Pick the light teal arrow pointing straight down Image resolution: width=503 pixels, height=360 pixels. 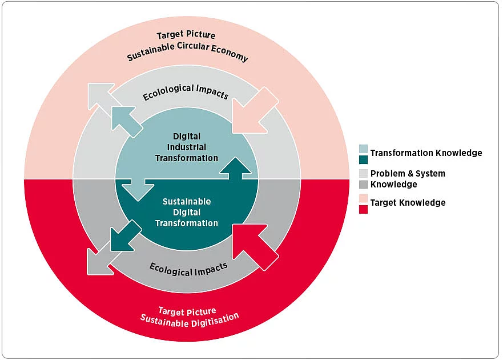(x=138, y=189)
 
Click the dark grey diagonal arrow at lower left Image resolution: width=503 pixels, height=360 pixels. (x=100, y=261)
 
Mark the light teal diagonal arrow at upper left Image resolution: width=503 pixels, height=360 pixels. (x=126, y=121)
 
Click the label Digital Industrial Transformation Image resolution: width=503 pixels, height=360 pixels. (x=187, y=147)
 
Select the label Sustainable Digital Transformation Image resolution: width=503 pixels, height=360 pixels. (x=187, y=212)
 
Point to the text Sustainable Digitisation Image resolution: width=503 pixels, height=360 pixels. (x=190, y=318)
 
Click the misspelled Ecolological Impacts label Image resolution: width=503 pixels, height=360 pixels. (x=186, y=92)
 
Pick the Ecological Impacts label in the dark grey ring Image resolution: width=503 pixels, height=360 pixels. (x=188, y=268)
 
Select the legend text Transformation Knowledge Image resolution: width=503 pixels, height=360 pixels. (x=426, y=153)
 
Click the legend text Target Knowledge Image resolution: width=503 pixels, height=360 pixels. (x=408, y=202)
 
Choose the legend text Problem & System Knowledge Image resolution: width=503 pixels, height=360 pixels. (x=408, y=178)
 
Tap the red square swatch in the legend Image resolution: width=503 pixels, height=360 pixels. (x=364, y=209)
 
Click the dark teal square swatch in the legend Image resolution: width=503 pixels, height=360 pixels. (x=364, y=159)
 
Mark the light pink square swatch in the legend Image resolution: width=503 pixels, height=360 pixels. (x=364, y=198)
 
